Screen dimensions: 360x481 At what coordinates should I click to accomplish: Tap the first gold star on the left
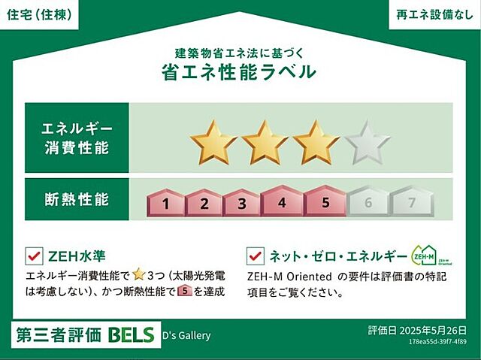213,141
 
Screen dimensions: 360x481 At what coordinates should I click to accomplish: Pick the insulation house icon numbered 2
203,202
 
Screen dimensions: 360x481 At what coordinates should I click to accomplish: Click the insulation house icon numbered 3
242,202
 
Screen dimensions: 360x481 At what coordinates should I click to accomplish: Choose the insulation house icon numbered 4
281,201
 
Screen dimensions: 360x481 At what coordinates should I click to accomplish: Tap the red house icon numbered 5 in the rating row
325,201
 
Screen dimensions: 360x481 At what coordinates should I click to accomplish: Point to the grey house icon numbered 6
368,202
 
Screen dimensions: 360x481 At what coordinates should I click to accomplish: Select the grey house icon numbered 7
410,202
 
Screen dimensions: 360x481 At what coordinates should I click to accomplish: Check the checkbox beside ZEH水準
33,256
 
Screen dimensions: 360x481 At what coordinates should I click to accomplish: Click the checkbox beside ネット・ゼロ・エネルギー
256,256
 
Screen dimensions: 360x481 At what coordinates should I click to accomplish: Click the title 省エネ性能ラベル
239,72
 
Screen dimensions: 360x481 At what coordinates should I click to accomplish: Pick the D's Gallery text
186,336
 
